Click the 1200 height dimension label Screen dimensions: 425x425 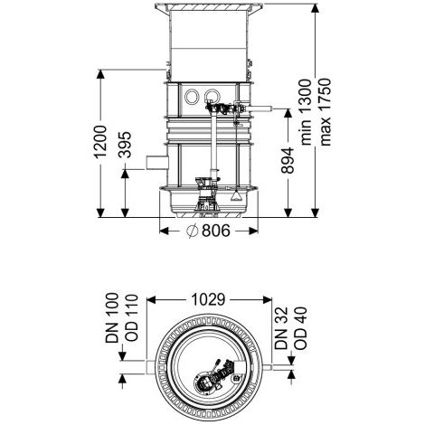click(100, 142)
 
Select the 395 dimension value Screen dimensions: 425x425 click(125, 145)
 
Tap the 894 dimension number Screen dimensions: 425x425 click(288, 160)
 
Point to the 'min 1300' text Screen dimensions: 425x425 click(307, 112)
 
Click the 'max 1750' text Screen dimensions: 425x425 click(326, 112)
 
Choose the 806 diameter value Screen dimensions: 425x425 click(216, 231)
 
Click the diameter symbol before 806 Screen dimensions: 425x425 click(192, 231)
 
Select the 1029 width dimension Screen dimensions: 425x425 click(208, 299)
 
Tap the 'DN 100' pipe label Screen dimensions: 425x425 click(112, 317)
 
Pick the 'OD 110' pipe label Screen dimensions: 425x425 click(131, 317)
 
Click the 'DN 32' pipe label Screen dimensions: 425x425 click(281, 328)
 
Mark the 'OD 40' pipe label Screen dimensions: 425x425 click(300, 328)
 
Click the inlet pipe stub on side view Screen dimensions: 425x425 click(157, 163)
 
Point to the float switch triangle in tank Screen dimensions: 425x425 click(236, 196)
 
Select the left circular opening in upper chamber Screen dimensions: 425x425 click(192, 97)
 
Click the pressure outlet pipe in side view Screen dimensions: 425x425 click(260, 109)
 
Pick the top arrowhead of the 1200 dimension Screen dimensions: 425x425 click(100, 74)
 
